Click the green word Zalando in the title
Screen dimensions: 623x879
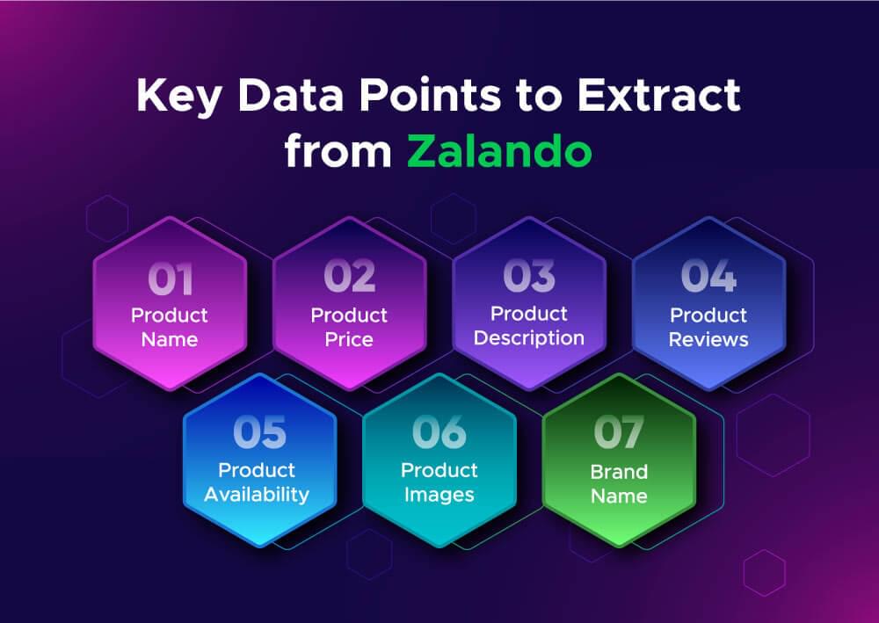pyautogui.click(x=499, y=151)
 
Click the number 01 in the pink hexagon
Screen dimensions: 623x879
pyautogui.click(x=170, y=279)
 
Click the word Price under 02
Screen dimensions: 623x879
pyautogui.click(x=349, y=339)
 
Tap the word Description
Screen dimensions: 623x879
pyautogui.click(x=529, y=337)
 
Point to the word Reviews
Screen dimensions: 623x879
pyautogui.click(x=708, y=339)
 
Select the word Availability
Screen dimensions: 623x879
pyautogui.click(x=257, y=495)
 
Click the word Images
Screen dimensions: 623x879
pyautogui.click(x=439, y=495)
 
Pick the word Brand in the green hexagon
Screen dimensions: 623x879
pyautogui.click(x=619, y=472)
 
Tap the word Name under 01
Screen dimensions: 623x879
pyautogui.click(x=170, y=339)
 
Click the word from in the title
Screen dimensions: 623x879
pyautogui.click(x=338, y=151)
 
